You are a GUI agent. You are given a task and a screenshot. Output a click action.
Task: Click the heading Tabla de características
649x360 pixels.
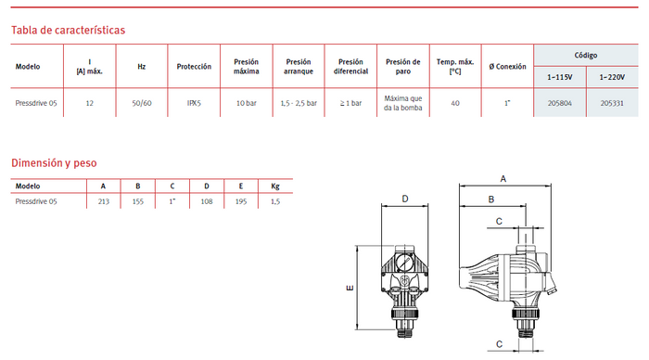point(68,31)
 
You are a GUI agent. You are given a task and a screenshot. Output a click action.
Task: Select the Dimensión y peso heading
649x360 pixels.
point(54,162)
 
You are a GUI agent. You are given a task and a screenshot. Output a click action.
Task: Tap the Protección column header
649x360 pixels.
point(194,66)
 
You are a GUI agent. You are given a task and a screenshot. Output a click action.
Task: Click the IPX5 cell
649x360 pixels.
point(194,103)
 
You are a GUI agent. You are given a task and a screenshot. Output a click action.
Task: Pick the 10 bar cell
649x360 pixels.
point(247,103)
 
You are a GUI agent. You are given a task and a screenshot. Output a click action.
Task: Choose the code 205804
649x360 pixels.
point(560,103)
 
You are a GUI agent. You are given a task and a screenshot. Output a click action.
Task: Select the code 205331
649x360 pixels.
point(612,103)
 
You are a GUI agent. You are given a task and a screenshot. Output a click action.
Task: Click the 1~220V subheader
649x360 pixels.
point(612,77)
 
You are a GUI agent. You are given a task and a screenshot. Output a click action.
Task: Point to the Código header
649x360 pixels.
point(586,55)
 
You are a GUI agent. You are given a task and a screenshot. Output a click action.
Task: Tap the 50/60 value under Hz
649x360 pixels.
point(142,103)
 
